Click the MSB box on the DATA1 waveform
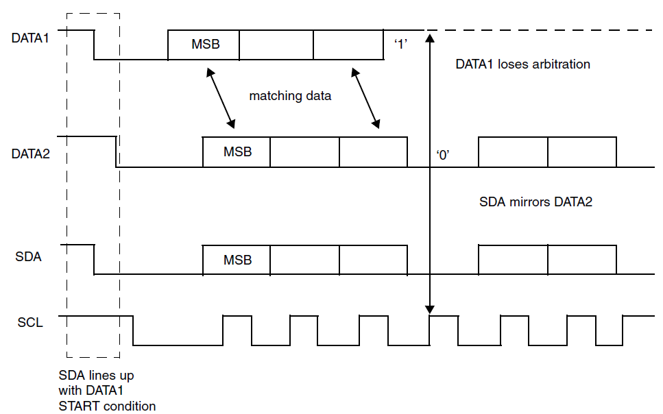click(x=204, y=45)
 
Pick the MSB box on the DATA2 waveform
click(x=237, y=152)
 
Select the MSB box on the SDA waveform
click(x=237, y=260)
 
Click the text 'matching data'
click(x=290, y=96)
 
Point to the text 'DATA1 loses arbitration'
click(x=522, y=64)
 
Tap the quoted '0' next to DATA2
click(x=442, y=155)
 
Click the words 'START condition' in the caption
click(x=108, y=406)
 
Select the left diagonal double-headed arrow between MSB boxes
click(x=221, y=97)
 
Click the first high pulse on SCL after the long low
click(x=237, y=329)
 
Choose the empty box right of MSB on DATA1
click(x=276, y=45)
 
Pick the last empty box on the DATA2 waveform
click(x=582, y=152)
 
